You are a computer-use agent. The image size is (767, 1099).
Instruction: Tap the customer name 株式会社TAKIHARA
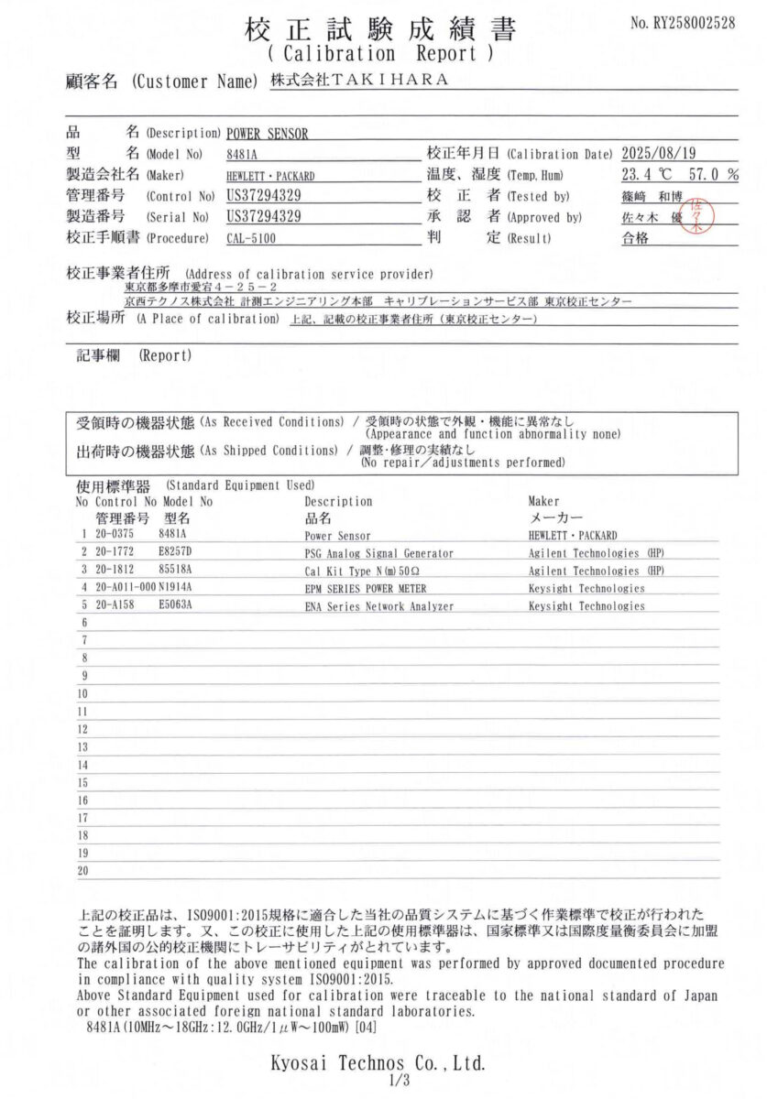point(360,80)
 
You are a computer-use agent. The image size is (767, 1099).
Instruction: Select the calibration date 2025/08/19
point(664,154)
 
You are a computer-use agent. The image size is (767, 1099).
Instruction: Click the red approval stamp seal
point(697,215)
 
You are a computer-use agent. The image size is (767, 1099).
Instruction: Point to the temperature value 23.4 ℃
point(646,175)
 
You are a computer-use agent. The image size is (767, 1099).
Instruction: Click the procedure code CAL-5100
point(251,238)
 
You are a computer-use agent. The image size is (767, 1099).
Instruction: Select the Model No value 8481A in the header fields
point(241,154)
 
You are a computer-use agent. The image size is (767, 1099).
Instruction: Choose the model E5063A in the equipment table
point(177,606)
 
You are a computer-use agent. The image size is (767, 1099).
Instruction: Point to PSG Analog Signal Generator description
point(378,553)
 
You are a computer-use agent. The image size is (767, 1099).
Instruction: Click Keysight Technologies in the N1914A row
point(586,589)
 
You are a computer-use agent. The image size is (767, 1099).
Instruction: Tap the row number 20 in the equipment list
point(82,871)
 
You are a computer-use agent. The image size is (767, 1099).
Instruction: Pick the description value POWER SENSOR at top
point(267,134)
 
